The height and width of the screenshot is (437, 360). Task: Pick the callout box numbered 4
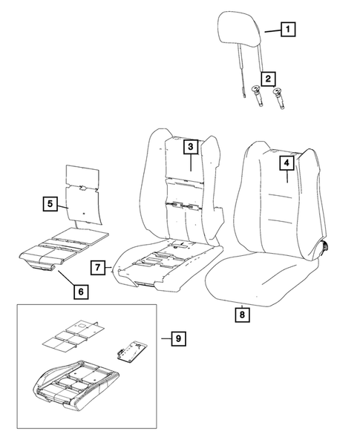[x=286, y=160]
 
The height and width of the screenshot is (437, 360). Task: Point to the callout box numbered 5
[x=49, y=202]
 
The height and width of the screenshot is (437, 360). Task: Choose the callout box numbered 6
[x=79, y=291]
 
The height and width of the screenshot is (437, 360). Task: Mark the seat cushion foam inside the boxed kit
[x=74, y=386]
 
